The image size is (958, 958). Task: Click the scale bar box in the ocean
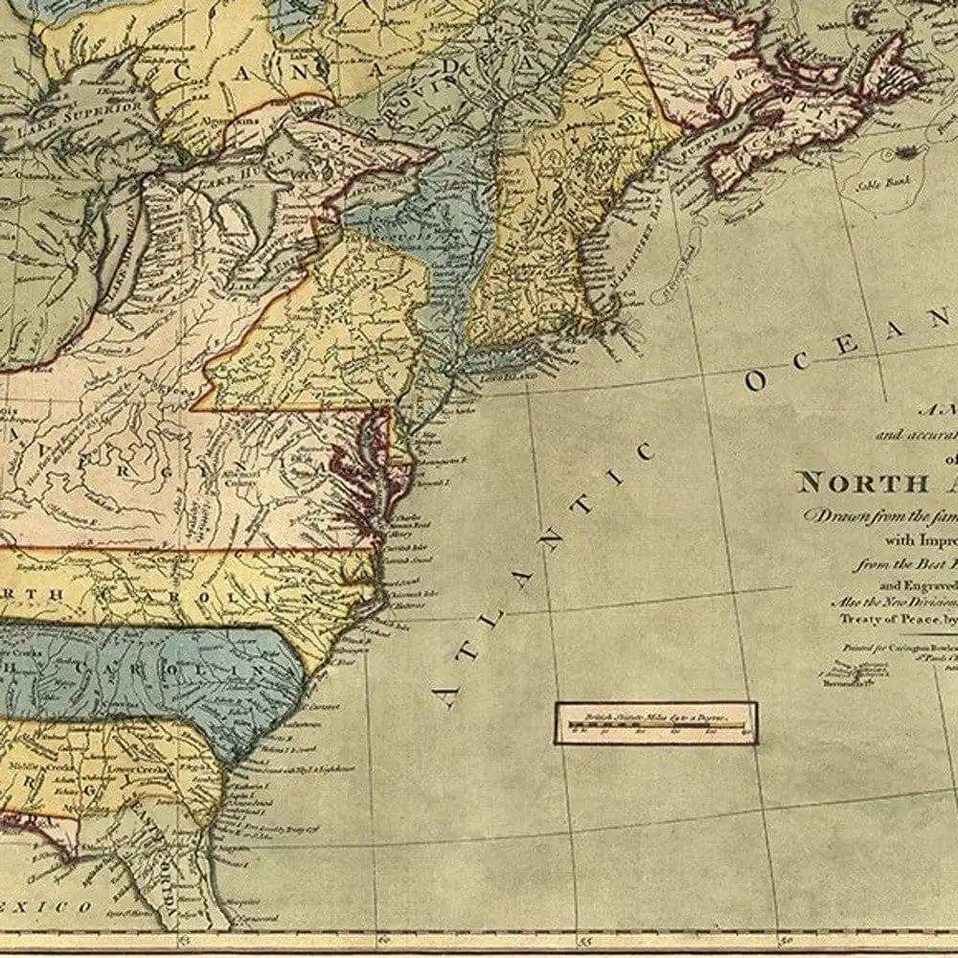click(656, 722)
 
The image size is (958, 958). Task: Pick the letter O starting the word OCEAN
click(757, 381)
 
